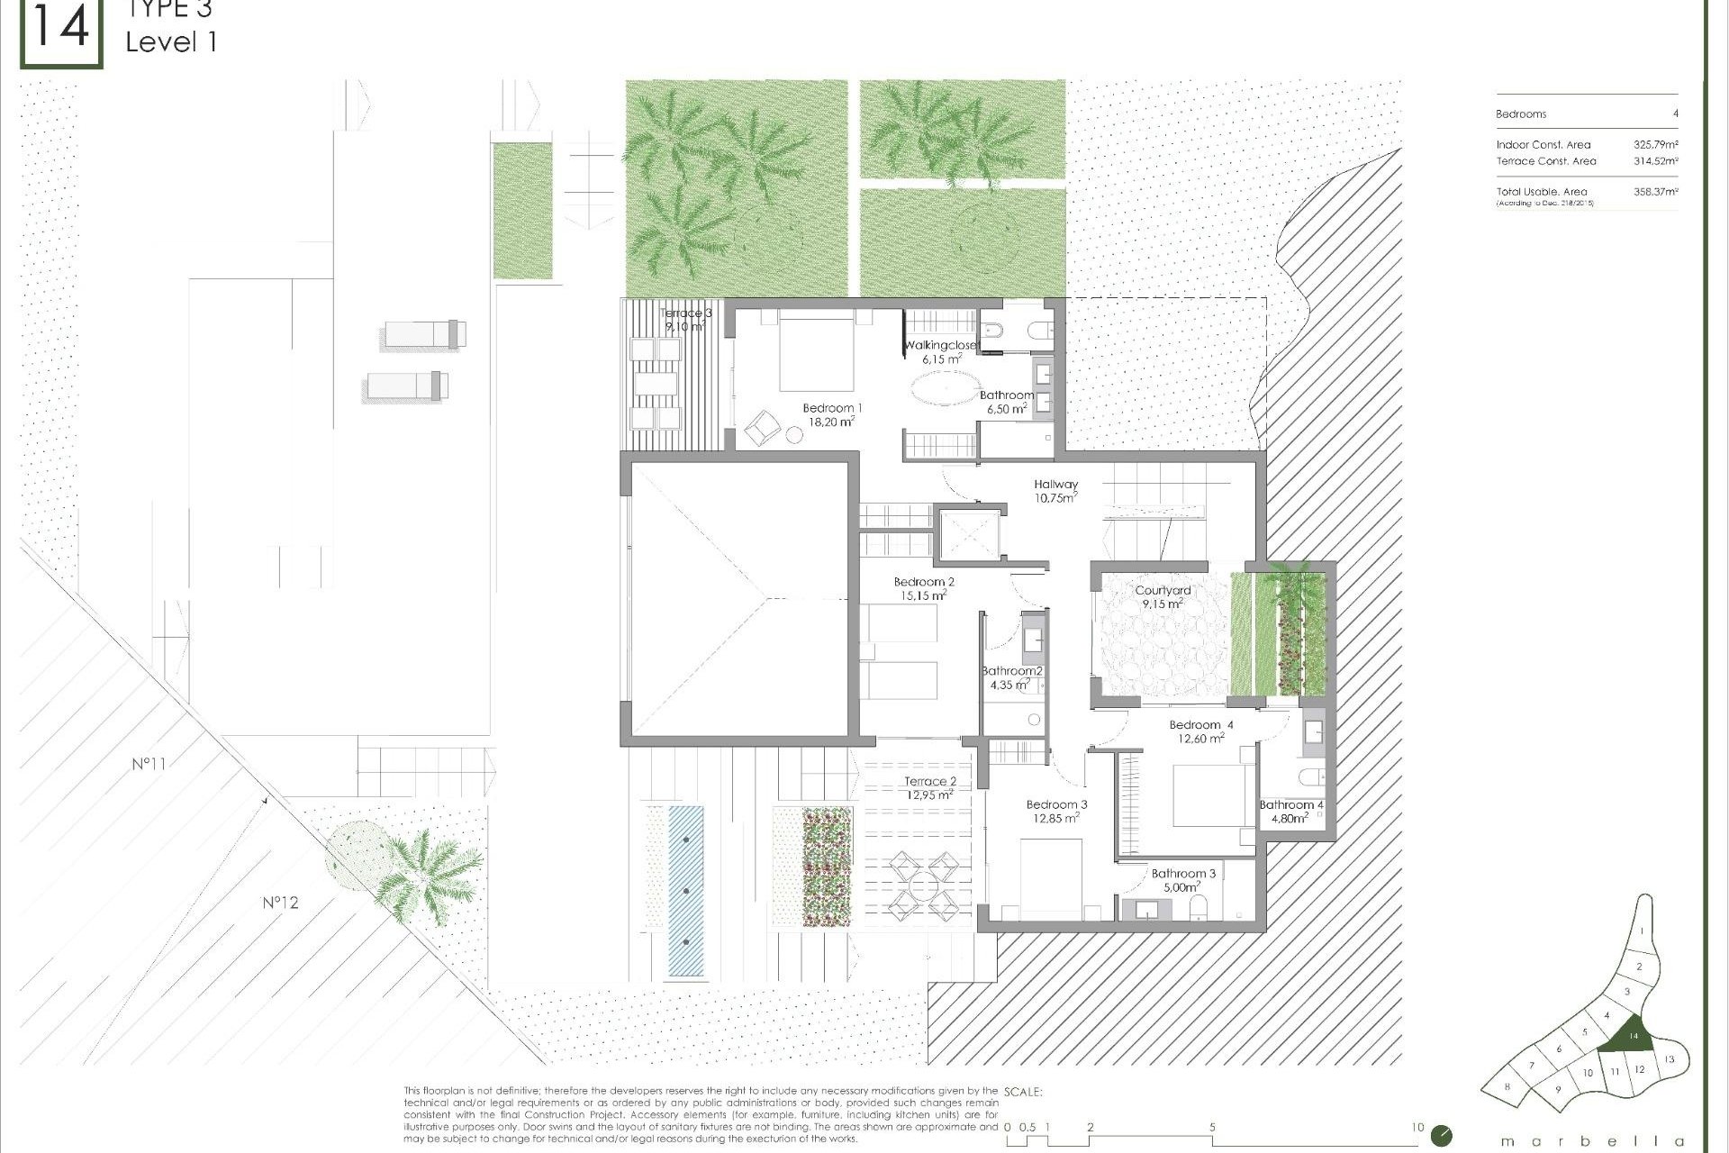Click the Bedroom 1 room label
click(x=832, y=414)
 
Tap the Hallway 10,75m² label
click(x=1055, y=490)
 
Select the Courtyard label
click(x=1163, y=596)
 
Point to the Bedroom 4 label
click(x=1201, y=731)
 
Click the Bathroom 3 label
click(x=1183, y=879)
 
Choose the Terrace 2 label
click(x=930, y=787)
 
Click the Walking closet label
click(x=940, y=351)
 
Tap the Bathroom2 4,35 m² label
click(x=1011, y=677)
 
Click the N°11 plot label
click(x=149, y=764)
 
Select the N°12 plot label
click(x=280, y=902)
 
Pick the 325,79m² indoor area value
click(x=1655, y=144)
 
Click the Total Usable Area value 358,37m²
click(x=1655, y=192)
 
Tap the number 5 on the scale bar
click(x=1212, y=1127)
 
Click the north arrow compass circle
click(x=1441, y=1135)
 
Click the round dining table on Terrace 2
click(x=924, y=887)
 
